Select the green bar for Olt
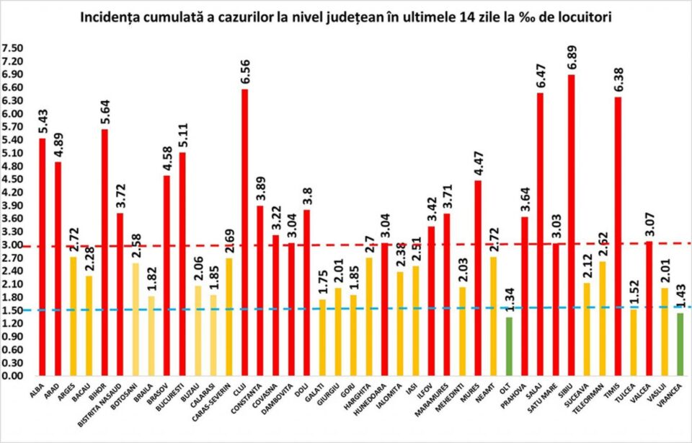pyautogui.click(x=509, y=346)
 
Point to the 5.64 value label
pyautogui.click(x=105, y=112)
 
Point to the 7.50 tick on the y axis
pyautogui.click(x=12, y=48)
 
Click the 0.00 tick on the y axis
pyautogui.click(x=12, y=376)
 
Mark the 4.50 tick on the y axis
pyautogui.click(x=12, y=180)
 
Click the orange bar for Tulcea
pyautogui.click(x=633, y=342)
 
